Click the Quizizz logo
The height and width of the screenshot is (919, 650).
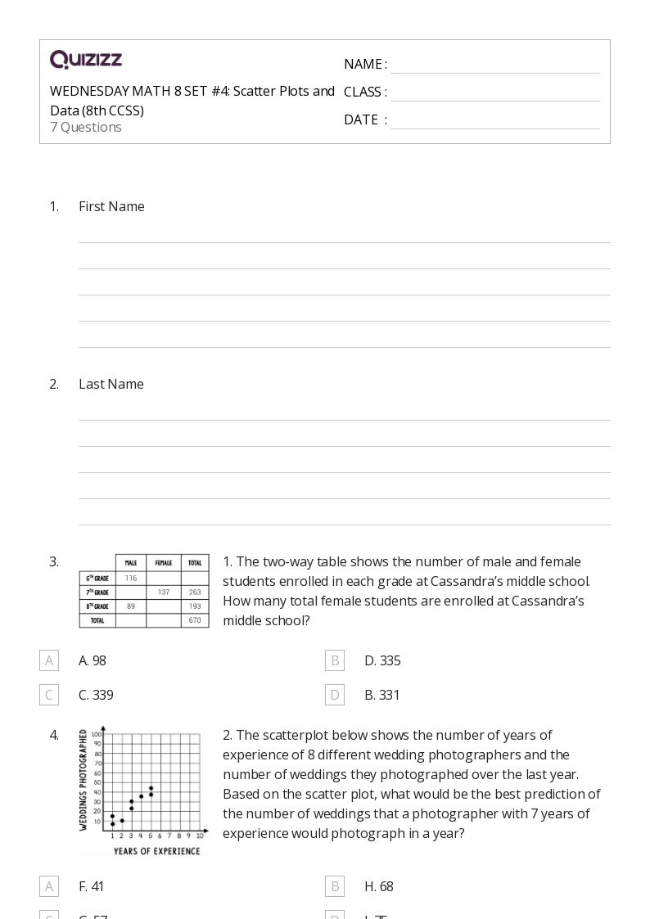pyautogui.click(x=86, y=60)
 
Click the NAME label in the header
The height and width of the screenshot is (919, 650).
pyautogui.click(x=363, y=64)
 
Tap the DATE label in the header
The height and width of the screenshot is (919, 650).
pyautogui.click(x=361, y=119)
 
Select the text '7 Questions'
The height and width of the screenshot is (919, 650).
pyautogui.click(x=86, y=127)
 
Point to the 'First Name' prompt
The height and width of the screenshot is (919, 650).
pyautogui.click(x=111, y=206)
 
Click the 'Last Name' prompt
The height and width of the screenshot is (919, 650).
pyautogui.click(x=111, y=384)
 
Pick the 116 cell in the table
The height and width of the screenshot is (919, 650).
pyautogui.click(x=131, y=578)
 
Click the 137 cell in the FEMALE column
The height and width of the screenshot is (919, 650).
pyautogui.click(x=164, y=592)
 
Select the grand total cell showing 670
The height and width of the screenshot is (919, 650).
pyautogui.click(x=195, y=620)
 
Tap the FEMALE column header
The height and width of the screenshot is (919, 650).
pyautogui.click(x=164, y=563)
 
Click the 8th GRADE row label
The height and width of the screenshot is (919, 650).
pyautogui.click(x=97, y=606)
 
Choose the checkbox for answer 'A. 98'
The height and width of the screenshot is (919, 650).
pyautogui.click(x=49, y=660)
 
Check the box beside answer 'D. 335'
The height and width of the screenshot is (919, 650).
pyautogui.click(x=335, y=660)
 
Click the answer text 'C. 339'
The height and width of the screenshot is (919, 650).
pyautogui.click(x=96, y=695)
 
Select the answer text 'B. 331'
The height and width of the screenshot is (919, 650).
pyautogui.click(x=382, y=695)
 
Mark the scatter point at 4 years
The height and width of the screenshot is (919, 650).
pyautogui.click(x=142, y=796)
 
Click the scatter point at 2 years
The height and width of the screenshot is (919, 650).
pyautogui.click(x=122, y=820)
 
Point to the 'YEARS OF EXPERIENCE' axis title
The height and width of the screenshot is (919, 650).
pyautogui.click(x=156, y=851)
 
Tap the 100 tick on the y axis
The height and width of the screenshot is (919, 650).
pyautogui.click(x=96, y=735)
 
